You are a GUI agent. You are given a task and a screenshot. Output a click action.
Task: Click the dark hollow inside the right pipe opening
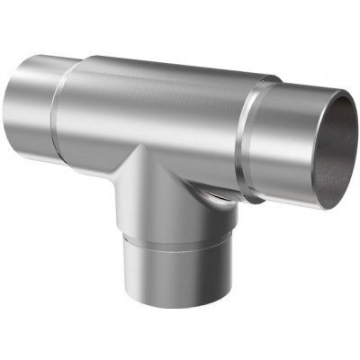[331, 148]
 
